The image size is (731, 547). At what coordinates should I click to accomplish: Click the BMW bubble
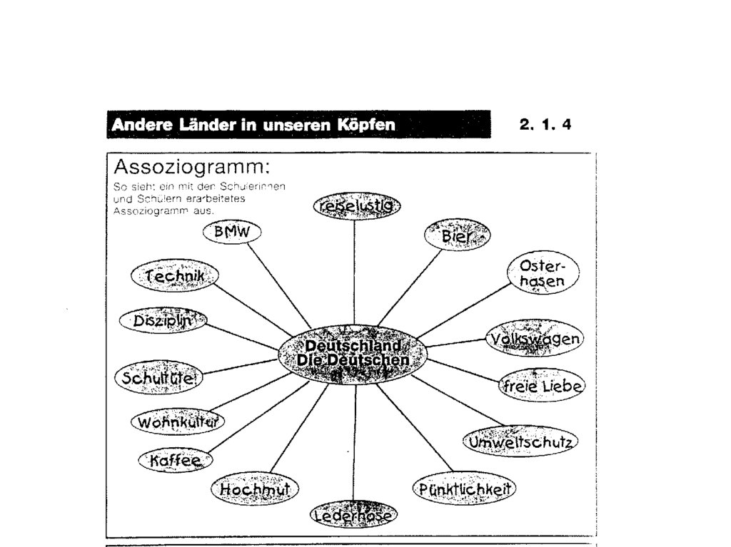(x=233, y=232)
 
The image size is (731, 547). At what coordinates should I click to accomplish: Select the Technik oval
(x=176, y=276)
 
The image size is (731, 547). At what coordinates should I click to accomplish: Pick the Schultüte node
(x=158, y=377)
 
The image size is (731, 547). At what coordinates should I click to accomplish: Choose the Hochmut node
(x=255, y=489)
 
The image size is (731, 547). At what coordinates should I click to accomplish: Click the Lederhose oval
(x=354, y=513)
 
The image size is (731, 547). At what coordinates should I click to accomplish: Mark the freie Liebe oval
(x=541, y=386)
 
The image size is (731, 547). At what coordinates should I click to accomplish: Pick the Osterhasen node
(x=543, y=275)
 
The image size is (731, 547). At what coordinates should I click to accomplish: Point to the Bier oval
(x=458, y=235)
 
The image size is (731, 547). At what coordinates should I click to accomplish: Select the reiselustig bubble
(x=356, y=206)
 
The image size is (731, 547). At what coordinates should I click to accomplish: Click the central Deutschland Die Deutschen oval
(x=353, y=353)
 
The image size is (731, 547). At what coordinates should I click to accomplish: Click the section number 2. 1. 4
(x=545, y=126)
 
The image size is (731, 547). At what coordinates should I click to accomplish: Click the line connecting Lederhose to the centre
(x=354, y=442)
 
